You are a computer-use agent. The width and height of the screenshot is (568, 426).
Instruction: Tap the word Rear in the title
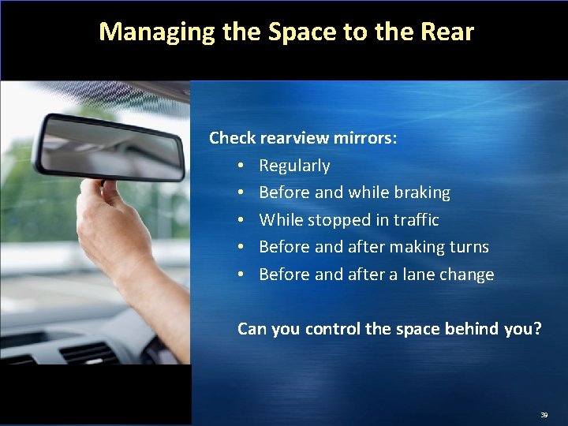[x=447, y=32]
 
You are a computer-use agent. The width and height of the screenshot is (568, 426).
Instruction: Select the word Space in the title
[x=301, y=32]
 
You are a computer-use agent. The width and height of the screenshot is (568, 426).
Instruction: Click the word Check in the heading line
[x=233, y=138]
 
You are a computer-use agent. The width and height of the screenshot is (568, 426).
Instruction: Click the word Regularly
[x=294, y=166]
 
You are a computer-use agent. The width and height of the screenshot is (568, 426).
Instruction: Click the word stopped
[x=341, y=220]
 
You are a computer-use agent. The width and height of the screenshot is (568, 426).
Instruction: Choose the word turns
[x=469, y=247]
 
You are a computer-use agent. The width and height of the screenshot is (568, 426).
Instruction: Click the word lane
[x=427, y=275]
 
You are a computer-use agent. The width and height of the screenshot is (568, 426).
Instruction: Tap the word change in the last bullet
[x=471, y=275]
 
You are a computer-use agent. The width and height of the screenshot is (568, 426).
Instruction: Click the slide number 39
[x=544, y=413]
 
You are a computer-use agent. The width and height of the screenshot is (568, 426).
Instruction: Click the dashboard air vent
[x=91, y=353]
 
